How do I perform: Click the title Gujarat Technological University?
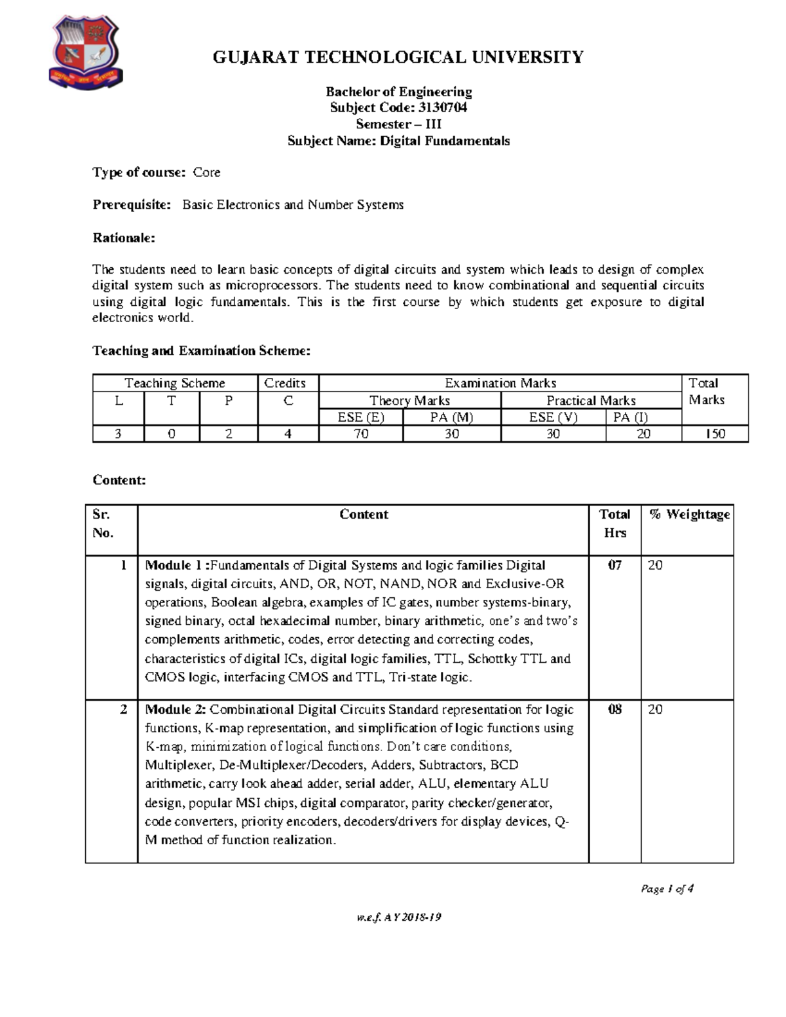coord(398,58)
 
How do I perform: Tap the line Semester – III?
coord(398,124)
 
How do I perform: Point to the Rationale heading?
coord(124,238)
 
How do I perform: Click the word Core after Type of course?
coord(206,172)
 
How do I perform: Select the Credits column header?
coord(285,383)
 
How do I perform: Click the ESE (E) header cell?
coord(361,417)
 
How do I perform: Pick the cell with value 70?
coord(361,434)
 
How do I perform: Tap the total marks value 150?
coord(715,434)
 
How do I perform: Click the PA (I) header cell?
coord(630,417)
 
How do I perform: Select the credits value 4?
coord(288,434)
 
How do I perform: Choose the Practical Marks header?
coord(591,400)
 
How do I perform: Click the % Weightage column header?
coord(689,515)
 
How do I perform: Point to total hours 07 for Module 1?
coord(614,565)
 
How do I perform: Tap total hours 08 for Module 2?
coord(614,709)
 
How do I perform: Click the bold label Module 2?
coord(176,709)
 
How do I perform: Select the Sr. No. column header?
coord(103,523)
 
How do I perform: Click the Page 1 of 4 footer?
coord(667,889)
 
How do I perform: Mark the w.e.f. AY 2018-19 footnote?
coord(398,917)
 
